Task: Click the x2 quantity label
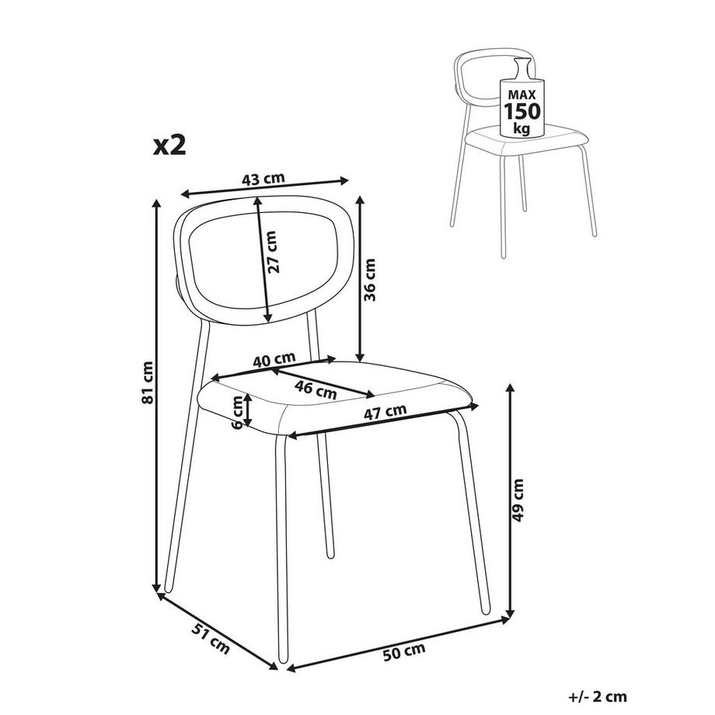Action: (169, 145)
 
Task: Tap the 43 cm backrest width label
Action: (263, 179)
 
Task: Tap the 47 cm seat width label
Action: (386, 411)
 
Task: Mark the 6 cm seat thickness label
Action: (235, 412)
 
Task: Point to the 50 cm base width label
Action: (404, 649)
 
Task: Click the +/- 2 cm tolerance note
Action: (598, 696)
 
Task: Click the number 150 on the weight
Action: (522, 110)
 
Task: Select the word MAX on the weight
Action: (522, 94)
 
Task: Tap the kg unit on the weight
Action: (522, 127)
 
